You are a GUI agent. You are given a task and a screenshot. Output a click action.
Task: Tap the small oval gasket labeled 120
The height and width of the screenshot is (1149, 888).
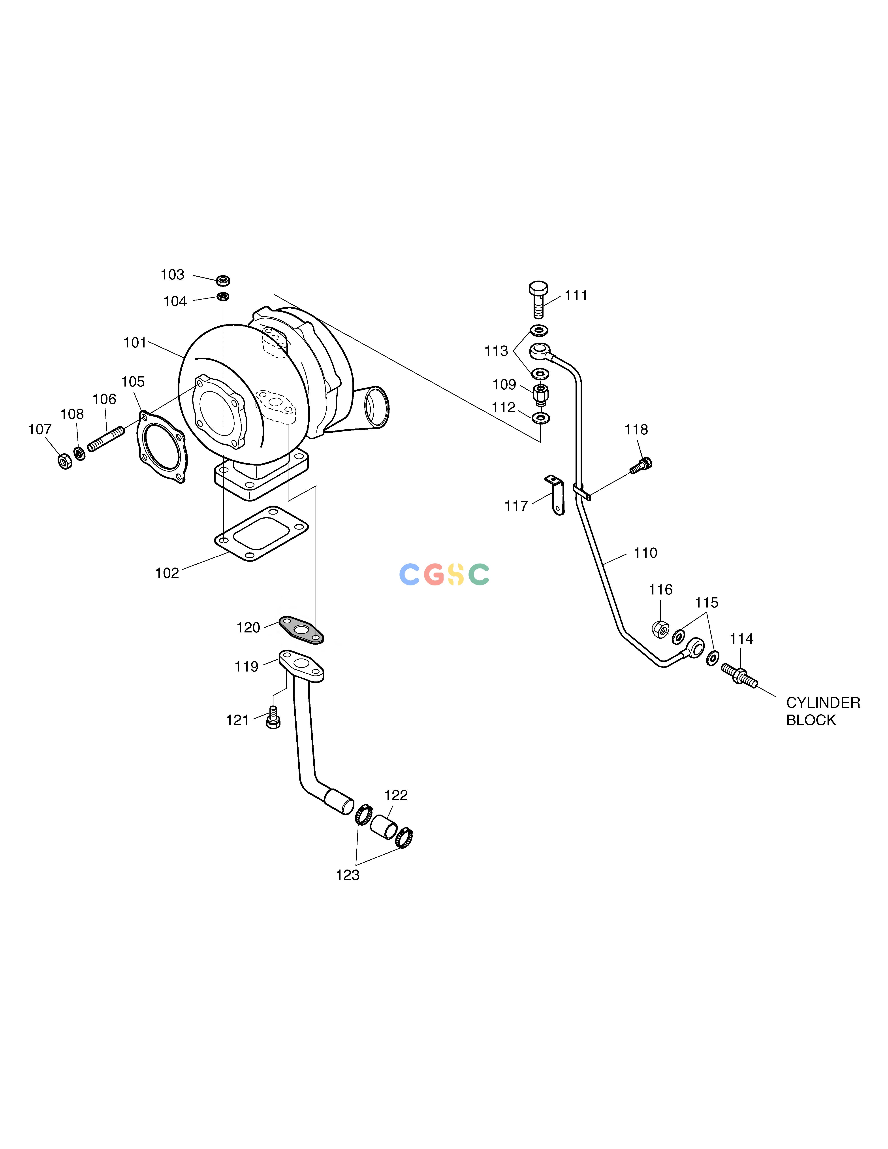pos(301,630)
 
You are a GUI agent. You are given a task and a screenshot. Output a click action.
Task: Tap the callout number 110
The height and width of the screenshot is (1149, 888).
pos(645,553)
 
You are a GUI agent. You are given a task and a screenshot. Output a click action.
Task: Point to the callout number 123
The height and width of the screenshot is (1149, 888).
pos(348,875)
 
